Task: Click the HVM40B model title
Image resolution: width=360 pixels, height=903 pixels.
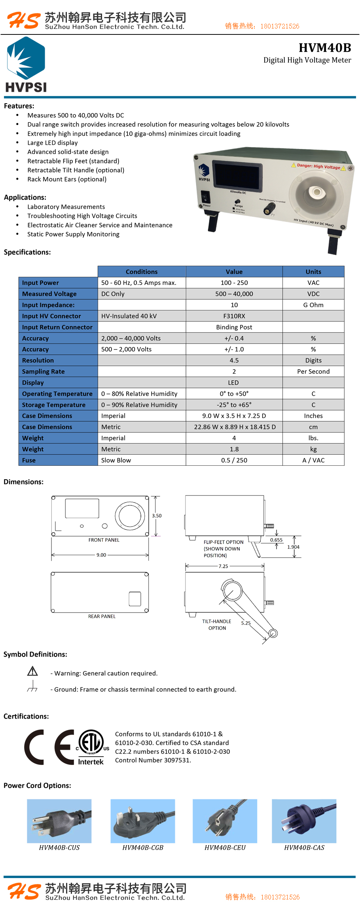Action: click(x=324, y=48)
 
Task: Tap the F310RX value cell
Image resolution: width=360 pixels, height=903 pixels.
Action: click(x=234, y=316)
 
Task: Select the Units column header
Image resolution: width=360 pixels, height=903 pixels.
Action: click(x=313, y=272)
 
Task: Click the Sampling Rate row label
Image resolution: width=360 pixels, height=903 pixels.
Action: click(x=44, y=372)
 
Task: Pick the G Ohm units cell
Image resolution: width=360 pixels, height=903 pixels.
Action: click(x=313, y=305)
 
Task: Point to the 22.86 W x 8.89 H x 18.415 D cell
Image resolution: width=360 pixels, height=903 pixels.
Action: click(x=235, y=427)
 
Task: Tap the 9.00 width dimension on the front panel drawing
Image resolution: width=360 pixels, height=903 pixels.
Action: click(x=101, y=555)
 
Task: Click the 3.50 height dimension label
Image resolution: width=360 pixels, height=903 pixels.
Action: click(x=157, y=516)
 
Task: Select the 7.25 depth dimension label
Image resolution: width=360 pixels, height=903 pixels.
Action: click(x=223, y=566)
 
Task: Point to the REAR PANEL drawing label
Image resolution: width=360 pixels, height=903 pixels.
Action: click(x=102, y=616)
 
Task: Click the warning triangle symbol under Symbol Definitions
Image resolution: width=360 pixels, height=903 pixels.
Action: click(x=32, y=671)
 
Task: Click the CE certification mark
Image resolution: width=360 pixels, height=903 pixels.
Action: click(x=49, y=747)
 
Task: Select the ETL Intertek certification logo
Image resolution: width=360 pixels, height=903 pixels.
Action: click(x=92, y=747)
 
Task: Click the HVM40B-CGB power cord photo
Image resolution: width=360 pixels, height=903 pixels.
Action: click(x=142, y=821)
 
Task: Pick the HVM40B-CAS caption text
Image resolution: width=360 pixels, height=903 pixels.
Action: click(x=304, y=848)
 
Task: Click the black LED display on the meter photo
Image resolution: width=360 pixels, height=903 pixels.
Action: click(x=237, y=175)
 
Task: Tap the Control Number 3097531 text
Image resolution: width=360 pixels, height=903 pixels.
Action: click(x=153, y=760)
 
